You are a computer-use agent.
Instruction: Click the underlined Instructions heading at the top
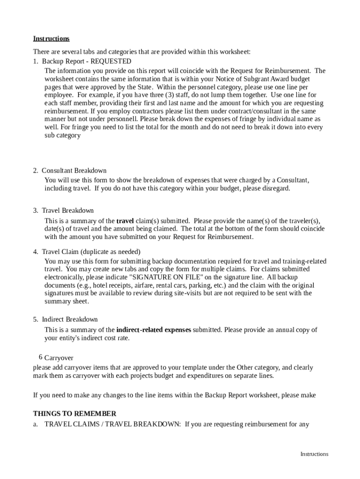coord(51,38)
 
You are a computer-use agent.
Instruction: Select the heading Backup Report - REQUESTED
coord(86,61)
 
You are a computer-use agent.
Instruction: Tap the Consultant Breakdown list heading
coord(74,171)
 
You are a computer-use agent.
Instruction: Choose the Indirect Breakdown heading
coord(70,319)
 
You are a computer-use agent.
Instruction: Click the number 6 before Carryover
coord(41,357)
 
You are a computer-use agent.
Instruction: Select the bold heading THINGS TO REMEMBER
coord(74,414)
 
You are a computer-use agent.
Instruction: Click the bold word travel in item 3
coord(125,221)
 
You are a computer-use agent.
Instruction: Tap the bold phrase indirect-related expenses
coord(153,330)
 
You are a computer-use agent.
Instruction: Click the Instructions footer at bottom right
coord(314,454)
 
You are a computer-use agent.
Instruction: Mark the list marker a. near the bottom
coord(36,425)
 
